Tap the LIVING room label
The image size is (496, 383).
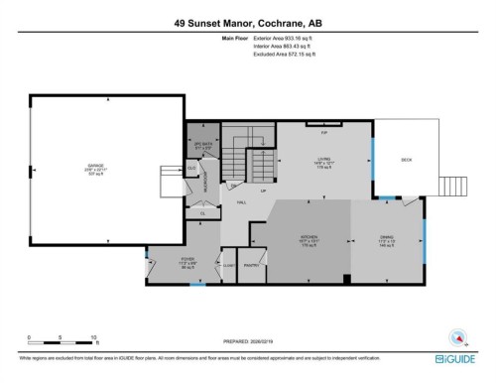click(322, 161)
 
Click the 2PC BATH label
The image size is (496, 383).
click(201, 145)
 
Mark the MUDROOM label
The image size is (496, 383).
click(205, 185)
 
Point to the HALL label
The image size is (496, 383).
click(241, 202)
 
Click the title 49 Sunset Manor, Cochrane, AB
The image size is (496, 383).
click(247, 18)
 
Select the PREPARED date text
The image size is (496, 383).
click(247, 336)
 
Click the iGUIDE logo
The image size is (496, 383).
click(458, 357)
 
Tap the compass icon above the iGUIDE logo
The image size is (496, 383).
click(458, 335)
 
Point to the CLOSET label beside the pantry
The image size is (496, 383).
click(228, 265)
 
